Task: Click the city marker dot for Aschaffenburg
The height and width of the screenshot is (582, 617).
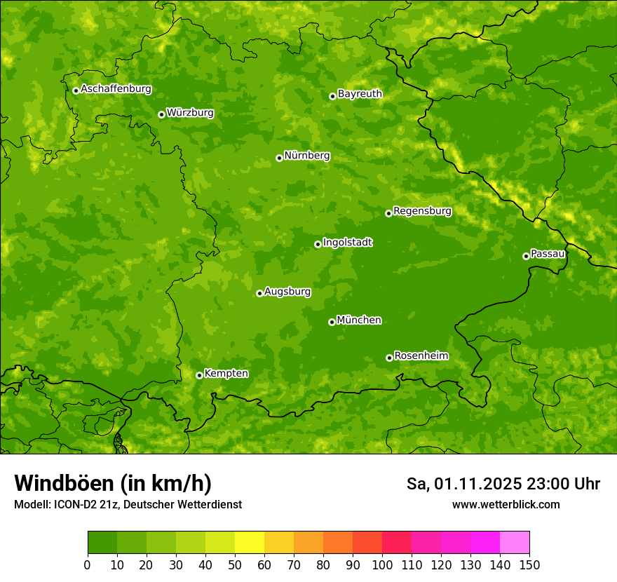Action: coord(76,90)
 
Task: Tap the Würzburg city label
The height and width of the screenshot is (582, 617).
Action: coord(190,113)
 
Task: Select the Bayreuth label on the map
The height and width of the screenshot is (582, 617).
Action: coord(360,94)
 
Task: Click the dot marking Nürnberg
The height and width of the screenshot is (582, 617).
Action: coord(279,158)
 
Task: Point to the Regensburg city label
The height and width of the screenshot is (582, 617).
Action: coord(422,211)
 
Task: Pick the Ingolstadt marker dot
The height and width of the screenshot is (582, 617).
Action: coord(318,244)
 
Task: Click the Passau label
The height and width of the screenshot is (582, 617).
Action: coord(548,254)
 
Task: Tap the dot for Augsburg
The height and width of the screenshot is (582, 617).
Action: coord(259,293)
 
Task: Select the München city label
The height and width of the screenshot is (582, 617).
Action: coord(359,320)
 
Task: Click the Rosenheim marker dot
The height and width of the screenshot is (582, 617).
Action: coord(389,358)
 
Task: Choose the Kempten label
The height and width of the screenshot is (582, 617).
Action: coord(226,374)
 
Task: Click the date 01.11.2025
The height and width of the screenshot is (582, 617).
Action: coord(477,484)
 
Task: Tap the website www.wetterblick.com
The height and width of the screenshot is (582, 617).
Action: coord(506,505)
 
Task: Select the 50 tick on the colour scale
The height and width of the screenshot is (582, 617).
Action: coord(235,565)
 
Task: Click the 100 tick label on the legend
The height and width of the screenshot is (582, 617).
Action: coord(382,565)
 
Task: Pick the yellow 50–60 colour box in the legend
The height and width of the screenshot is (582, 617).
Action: coord(250,543)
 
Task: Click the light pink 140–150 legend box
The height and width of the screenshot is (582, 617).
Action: coord(515,543)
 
